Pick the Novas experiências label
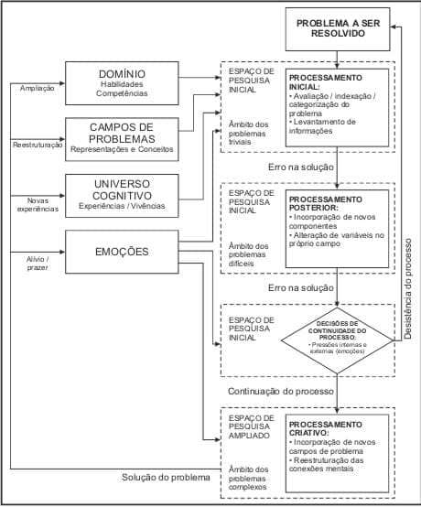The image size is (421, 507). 35,204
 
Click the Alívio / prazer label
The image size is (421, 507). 35,264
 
